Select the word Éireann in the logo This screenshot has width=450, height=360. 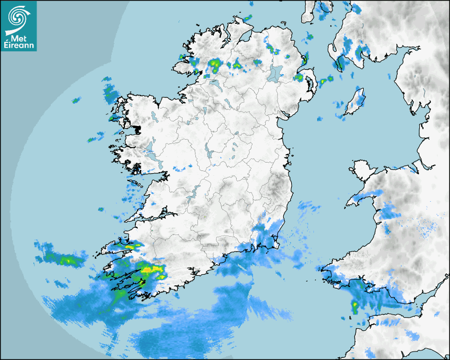coord(19,46)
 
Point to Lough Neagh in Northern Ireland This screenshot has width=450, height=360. coord(275,73)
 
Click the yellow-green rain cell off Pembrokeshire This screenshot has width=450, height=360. coord(355,306)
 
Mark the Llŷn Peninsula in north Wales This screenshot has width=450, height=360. coord(360,199)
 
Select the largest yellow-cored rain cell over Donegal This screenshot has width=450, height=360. coord(215,65)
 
